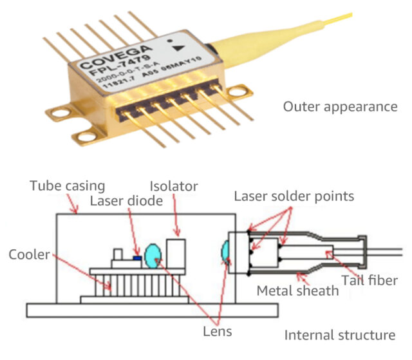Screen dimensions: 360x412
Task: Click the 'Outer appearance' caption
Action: coord(340,106)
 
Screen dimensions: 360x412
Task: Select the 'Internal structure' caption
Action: coord(340,335)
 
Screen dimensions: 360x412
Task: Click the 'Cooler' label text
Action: coord(30,254)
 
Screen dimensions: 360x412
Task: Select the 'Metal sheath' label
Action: coord(297,290)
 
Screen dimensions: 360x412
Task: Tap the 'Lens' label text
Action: coord(216,332)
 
